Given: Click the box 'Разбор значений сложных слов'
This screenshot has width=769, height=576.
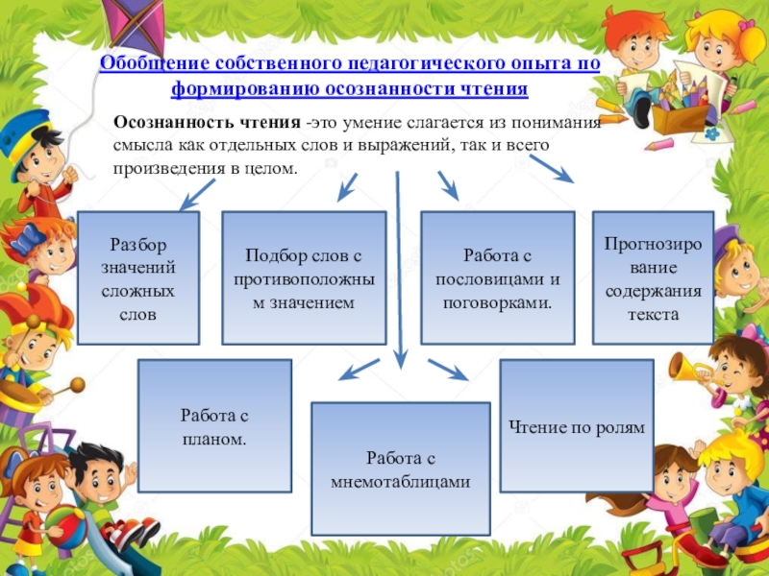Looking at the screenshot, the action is click(138, 277).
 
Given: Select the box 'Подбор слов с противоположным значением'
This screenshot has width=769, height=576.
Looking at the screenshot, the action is click(303, 277).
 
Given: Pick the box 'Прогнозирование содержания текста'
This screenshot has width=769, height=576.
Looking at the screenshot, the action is click(653, 277).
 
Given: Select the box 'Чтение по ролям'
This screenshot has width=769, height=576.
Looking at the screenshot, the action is click(577, 426).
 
